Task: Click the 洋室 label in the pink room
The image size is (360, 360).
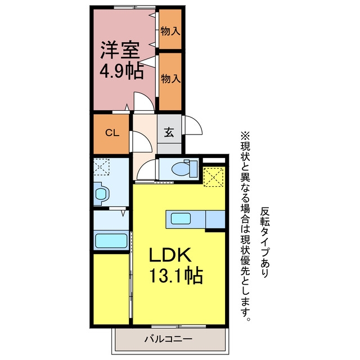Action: (120, 50)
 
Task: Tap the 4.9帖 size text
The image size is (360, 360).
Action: (121, 71)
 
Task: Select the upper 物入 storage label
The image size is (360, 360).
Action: (170, 31)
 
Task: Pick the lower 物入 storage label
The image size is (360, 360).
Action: (170, 79)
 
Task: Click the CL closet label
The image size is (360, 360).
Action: (112, 133)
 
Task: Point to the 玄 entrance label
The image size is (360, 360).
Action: (169, 132)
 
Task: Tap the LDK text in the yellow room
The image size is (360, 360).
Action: (170, 255)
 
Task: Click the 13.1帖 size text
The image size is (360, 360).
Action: (176, 275)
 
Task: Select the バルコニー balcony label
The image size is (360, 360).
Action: (168, 339)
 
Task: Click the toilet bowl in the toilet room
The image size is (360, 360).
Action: (181, 169)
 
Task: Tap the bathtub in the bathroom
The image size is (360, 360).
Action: (111, 241)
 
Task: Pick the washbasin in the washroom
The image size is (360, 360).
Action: (101, 193)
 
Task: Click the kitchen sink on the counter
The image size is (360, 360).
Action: (181, 219)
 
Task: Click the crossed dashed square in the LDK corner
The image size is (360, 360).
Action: (214, 177)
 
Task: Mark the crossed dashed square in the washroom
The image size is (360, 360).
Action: (101, 167)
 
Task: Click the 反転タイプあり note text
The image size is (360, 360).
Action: (265, 242)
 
